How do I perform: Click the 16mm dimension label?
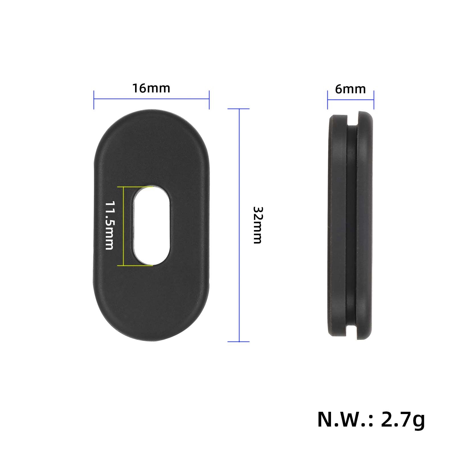click(151, 88)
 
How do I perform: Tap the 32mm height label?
click(257, 225)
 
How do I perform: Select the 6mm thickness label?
click(350, 89)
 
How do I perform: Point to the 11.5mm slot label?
click(109, 226)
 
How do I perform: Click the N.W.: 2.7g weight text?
click(371, 420)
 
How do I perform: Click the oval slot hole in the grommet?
click(152, 226)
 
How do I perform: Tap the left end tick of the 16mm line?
click(94, 100)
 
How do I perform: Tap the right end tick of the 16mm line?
click(209, 100)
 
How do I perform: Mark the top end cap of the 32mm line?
click(239, 109)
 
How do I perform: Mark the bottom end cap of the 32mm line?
click(239, 342)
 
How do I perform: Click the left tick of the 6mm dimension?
click(328, 100)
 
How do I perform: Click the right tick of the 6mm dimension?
click(374, 100)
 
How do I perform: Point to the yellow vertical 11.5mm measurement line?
click(123, 226)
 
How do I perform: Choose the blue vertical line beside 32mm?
click(239, 171)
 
